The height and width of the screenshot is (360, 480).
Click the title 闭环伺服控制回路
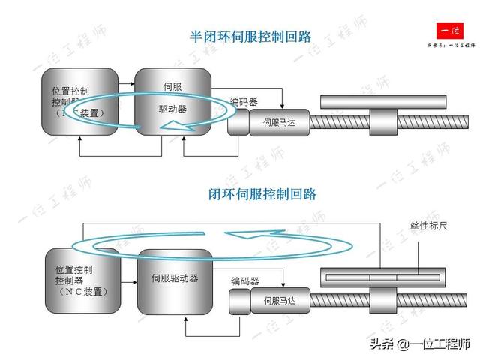(262, 194)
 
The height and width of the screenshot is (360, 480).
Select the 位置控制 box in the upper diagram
(79, 102)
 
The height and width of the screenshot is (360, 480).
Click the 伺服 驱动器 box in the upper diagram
(172, 101)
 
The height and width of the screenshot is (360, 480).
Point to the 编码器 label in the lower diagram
(244, 281)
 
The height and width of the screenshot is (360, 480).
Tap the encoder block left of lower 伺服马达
(241, 301)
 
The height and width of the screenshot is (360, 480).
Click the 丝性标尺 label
(428, 225)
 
